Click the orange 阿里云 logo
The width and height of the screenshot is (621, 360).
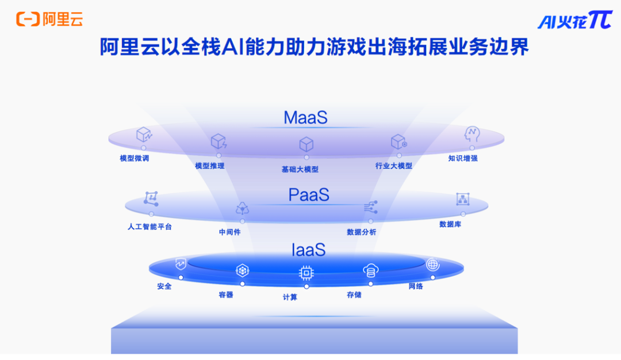pyautogui.click(x=49, y=19)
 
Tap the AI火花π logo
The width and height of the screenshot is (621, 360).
pyautogui.click(x=575, y=20)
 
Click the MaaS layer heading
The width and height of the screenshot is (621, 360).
pyautogui.click(x=305, y=118)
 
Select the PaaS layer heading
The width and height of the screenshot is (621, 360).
pyautogui.click(x=309, y=195)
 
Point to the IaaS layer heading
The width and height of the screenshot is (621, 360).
pyautogui.click(x=309, y=250)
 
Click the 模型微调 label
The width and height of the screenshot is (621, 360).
pyautogui.click(x=134, y=158)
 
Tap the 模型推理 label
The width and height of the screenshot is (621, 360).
pyautogui.click(x=209, y=166)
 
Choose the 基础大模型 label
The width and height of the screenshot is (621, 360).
pyautogui.click(x=300, y=170)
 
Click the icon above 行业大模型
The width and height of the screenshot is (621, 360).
pyautogui.click(x=398, y=141)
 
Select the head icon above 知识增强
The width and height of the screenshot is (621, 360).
pyautogui.click(x=471, y=134)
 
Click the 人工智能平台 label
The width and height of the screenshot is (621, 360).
pyautogui.click(x=149, y=227)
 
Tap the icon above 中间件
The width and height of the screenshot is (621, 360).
pyautogui.click(x=243, y=208)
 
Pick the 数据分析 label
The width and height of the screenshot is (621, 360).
pyautogui.click(x=361, y=232)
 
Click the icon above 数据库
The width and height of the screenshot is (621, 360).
pyautogui.click(x=462, y=199)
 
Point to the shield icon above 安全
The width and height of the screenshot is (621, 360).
pyautogui.click(x=181, y=264)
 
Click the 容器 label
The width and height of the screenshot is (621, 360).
pyautogui.click(x=226, y=294)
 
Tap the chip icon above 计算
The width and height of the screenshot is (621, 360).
pyautogui.click(x=306, y=273)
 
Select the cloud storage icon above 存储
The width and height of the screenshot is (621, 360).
pyautogui.click(x=371, y=270)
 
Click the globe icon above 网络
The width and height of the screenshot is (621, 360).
pyautogui.click(x=432, y=264)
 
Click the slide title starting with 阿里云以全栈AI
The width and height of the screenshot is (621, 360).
pyautogui.click(x=314, y=47)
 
